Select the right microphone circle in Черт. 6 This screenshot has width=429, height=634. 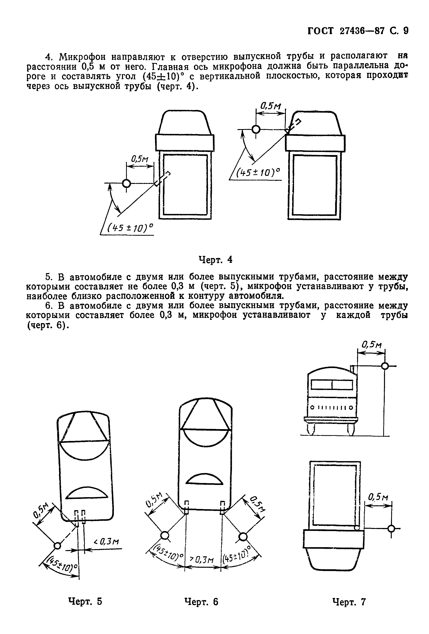pyautogui.click(x=242, y=537)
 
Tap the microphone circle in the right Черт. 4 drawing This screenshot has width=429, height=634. pyautogui.click(x=256, y=129)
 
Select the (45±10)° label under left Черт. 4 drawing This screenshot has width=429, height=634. pyautogui.click(x=130, y=228)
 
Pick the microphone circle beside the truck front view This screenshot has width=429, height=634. pyautogui.click(x=385, y=366)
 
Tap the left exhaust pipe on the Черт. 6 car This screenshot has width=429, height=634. pyautogui.click(x=186, y=507)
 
